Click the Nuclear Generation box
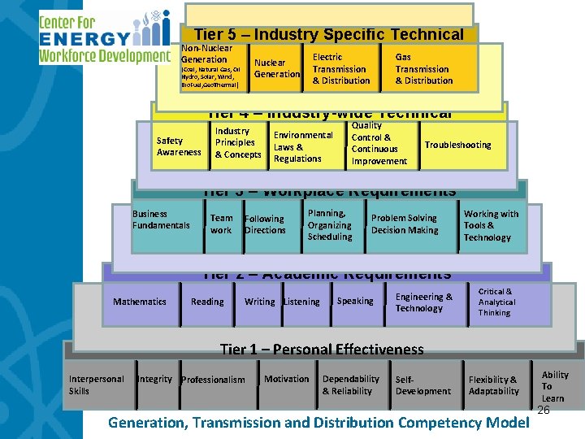277,68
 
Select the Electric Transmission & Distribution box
340,69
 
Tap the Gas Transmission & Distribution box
423,69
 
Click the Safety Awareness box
179,146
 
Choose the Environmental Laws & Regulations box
302,147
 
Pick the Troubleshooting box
457,145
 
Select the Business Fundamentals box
161,219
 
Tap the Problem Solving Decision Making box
404,224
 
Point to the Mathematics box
140,302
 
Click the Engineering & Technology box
423,302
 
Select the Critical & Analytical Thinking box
496,302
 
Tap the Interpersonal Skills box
97,385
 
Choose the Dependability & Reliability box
350,385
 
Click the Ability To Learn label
555,386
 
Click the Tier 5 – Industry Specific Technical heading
329,34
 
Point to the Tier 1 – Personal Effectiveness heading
322,350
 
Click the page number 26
544,411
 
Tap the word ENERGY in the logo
84,38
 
